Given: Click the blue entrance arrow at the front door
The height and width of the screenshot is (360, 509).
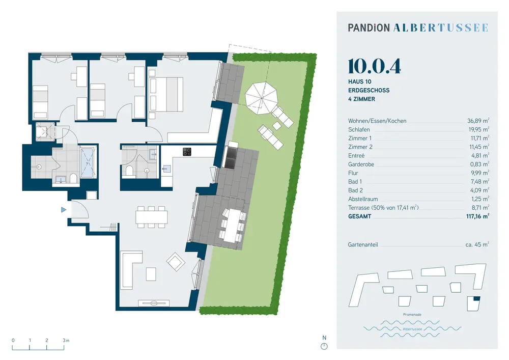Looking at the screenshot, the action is (x=64, y=210).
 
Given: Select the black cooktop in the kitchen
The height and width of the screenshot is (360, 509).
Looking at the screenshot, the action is (x=187, y=152).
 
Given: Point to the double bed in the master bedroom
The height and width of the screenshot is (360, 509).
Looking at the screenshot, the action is (x=166, y=94).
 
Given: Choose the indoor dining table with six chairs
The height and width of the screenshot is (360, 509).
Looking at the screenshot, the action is (x=152, y=217).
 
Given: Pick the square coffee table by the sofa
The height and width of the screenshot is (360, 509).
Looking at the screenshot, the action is (x=151, y=273).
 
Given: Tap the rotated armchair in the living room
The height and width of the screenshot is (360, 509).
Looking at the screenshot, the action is (x=176, y=262).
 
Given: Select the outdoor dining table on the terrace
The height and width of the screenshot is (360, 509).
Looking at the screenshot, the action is (x=233, y=225).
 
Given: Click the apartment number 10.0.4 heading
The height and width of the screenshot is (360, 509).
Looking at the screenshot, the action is (x=374, y=67).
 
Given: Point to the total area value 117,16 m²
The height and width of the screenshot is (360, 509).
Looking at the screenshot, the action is (x=477, y=216).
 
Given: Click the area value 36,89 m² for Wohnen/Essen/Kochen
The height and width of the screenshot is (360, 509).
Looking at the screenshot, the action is (x=478, y=121).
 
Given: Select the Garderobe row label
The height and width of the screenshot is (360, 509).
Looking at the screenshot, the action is (x=361, y=164).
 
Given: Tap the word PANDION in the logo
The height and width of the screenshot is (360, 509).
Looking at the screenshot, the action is (x=369, y=28).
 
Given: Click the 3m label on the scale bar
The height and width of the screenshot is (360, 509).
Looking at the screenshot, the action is (x=66, y=341).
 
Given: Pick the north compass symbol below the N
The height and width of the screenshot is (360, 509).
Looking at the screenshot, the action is (x=324, y=346).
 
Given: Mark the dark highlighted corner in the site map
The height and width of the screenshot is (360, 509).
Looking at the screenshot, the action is (x=476, y=299).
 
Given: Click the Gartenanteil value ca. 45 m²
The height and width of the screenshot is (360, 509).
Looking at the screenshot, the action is (x=477, y=244).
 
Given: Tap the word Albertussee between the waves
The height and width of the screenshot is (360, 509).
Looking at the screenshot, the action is (x=412, y=329).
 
